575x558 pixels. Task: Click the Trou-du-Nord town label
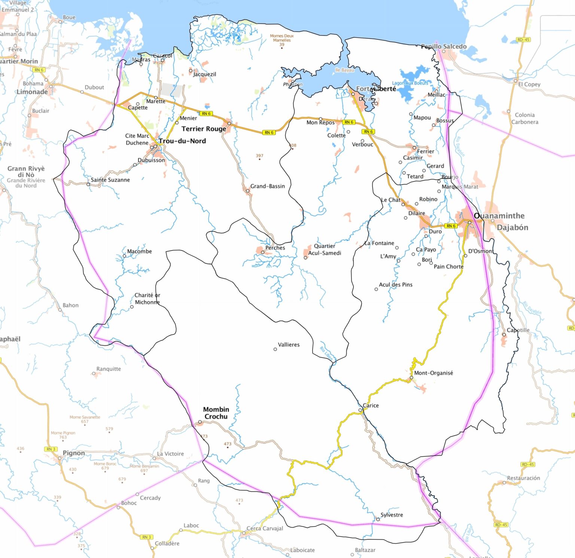[x=182, y=141]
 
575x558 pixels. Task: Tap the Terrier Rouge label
[x=204, y=129]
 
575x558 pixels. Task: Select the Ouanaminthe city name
[x=499, y=216]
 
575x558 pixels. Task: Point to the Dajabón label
[x=512, y=227]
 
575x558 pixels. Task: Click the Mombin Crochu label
[x=216, y=413]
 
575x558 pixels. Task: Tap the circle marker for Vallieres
[x=275, y=349]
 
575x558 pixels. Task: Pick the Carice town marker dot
[x=360, y=410]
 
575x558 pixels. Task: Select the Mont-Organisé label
[x=433, y=373]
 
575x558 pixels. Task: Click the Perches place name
[x=275, y=248]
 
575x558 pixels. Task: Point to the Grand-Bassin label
[x=267, y=186]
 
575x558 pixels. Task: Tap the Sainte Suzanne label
[x=110, y=180]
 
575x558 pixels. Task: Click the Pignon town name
[x=74, y=453]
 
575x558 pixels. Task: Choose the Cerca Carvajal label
[x=265, y=528]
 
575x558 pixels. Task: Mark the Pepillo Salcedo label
[x=444, y=46]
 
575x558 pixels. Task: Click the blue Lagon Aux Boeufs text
[x=410, y=83]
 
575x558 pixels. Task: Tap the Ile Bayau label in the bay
[x=344, y=70]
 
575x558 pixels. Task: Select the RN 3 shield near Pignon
[x=51, y=449]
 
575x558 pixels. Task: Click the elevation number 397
[x=259, y=156]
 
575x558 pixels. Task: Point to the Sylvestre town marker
[x=378, y=519]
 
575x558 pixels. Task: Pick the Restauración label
[x=523, y=478]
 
